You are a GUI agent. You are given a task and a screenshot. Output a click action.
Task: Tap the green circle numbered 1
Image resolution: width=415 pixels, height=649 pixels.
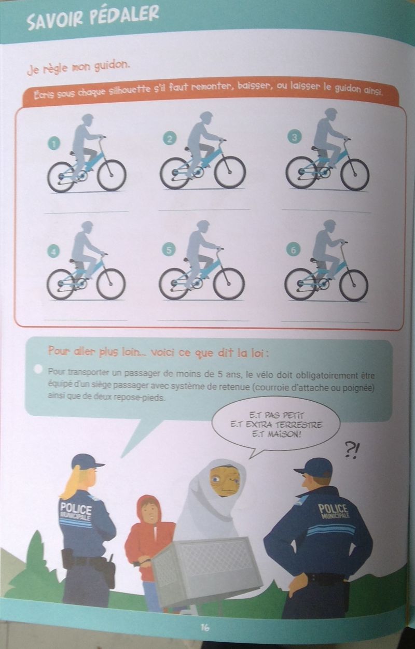53,143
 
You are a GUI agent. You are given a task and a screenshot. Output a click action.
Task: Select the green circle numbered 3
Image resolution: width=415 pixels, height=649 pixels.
294,137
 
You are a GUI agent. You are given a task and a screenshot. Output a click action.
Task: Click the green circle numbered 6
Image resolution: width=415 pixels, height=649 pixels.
293,250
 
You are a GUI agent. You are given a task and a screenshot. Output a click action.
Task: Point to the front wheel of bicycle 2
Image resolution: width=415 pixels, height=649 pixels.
230,173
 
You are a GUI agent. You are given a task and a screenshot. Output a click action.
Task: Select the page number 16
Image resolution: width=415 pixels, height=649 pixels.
205,627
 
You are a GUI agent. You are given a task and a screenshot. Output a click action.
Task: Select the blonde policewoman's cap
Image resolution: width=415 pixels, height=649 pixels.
86,462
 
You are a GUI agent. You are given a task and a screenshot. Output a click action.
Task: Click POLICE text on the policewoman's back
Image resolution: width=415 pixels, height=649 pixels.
76,509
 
